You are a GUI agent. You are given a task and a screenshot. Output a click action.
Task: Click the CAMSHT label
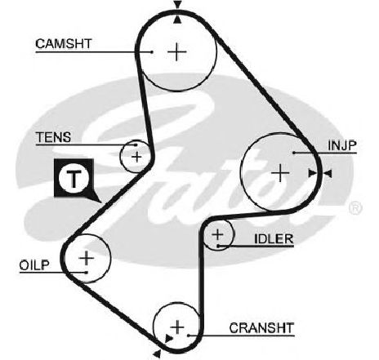pyautogui.click(x=64, y=43)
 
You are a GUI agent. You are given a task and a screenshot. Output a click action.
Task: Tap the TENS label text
pyautogui.click(x=53, y=137)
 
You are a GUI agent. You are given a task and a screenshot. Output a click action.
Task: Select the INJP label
pyautogui.click(x=342, y=145)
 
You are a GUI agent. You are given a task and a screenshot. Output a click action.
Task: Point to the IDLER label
pyautogui.click(x=274, y=239)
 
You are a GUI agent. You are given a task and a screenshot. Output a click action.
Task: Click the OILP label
pyautogui.click(x=34, y=265)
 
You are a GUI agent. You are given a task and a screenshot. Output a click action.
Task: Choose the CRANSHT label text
pyautogui.click(x=261, y=328)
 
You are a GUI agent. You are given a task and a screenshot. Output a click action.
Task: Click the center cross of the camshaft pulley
pyautogui.click(x=177, y=51)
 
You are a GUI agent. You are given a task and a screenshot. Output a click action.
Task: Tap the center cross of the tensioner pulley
pyautogui.click(x=136, y=157)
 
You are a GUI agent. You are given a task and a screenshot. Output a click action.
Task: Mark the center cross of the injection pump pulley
pyautogui.click(x=280, y=173)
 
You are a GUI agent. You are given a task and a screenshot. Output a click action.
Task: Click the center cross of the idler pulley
pyautogui.click(x=217, y=234)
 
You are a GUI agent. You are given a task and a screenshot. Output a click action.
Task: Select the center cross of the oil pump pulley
pyautogui.click(x=87, y=257)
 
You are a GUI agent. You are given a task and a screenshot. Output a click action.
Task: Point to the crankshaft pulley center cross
pyautogui.click(x=177, y=327)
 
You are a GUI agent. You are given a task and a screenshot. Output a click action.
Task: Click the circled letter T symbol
pyautogui.click(x=74, y=178)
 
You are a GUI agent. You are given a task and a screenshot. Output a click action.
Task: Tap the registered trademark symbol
pyautogui.click(x=355, y=208)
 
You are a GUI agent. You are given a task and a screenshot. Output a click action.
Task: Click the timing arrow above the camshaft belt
pyautogui.click(x=177, y=5)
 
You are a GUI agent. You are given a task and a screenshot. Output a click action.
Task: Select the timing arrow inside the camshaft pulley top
pyautogui.click(x=177, y=20)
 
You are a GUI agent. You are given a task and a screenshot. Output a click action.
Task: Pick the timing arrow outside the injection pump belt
pyautogui.click(x=328, y=173)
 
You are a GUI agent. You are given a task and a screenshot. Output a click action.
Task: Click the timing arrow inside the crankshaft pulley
pyautogui.click(x=168, y=339)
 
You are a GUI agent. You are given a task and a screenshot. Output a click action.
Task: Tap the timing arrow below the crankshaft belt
pyautogui.click(x=157, y=354)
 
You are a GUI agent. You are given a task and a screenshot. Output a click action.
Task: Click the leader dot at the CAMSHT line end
pyautogui.click(x=152, y=51)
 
